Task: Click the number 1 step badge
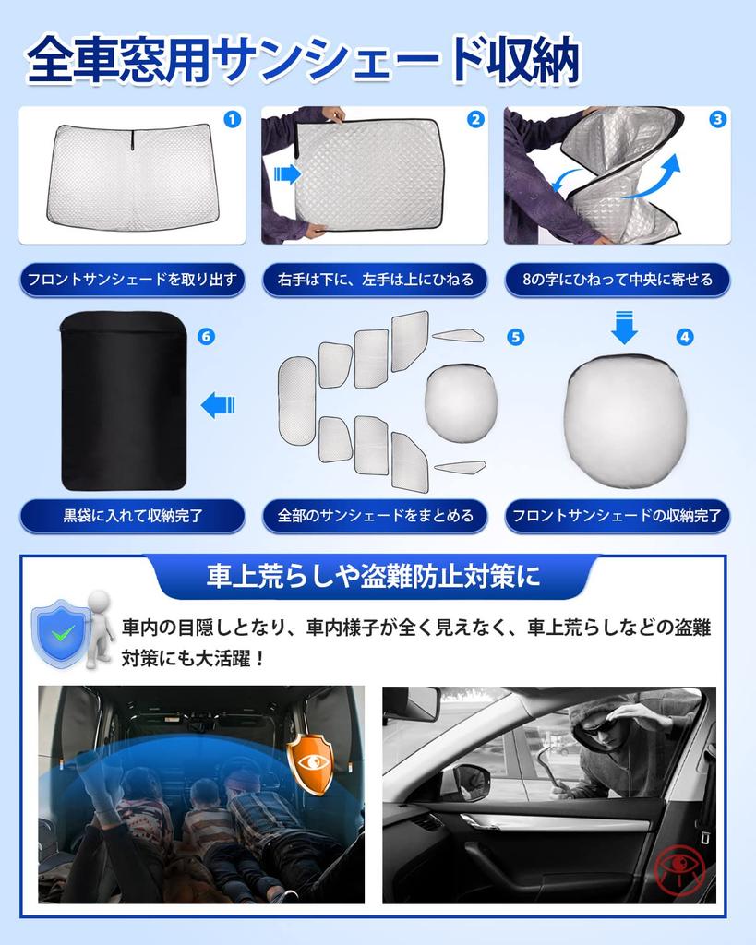click(232, 119)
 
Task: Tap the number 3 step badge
click(717, 119)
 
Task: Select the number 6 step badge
click(206, 337)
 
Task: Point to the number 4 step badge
click(684, 337)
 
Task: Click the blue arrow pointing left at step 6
click(218, 404)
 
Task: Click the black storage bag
click(124, 401)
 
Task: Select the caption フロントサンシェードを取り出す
click(132, 280)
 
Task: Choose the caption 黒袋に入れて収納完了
click(132, 516)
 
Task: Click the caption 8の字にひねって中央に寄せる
click(617, 280)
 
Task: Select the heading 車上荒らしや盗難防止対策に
click(373, 579)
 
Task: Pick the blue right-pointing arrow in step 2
click(288, 173)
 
